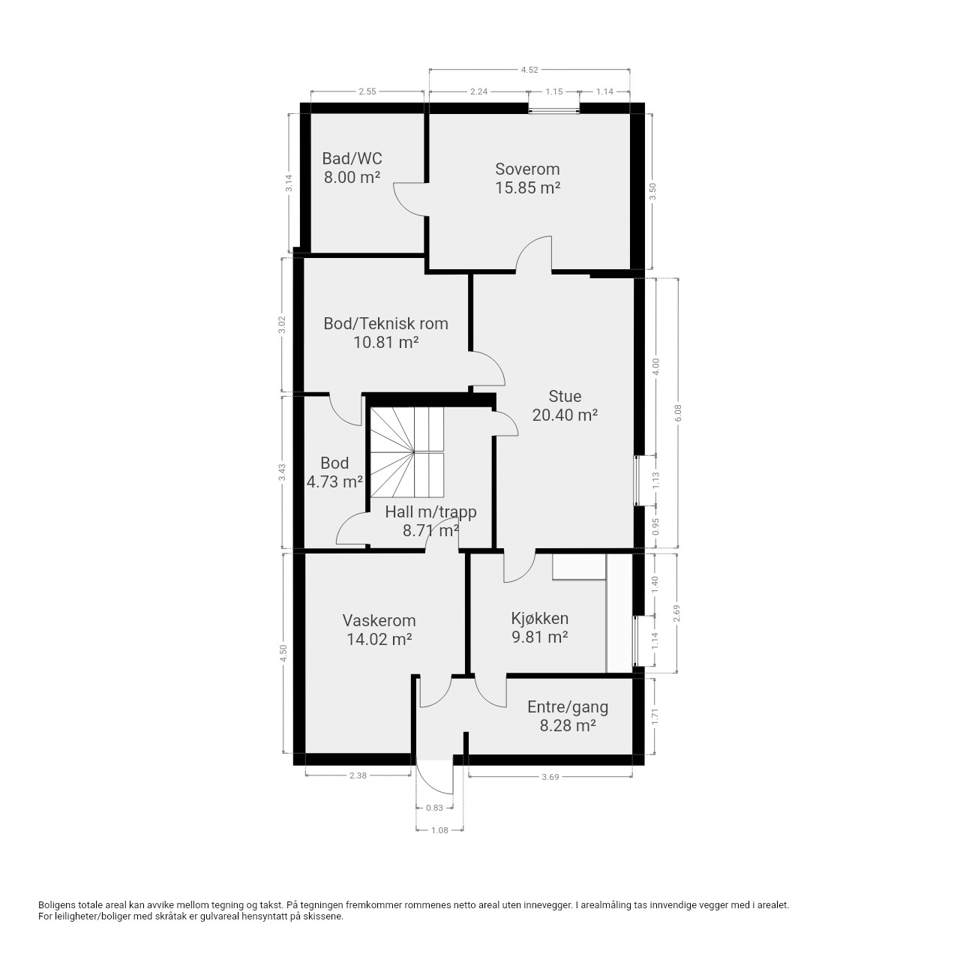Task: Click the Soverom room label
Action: coord(527,169)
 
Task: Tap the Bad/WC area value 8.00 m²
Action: coord(352,177)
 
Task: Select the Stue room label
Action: coord(565,396)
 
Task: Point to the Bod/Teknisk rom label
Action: coord(385,323)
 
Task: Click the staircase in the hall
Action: coord(406,452)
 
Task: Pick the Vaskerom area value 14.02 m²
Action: coord(379,639)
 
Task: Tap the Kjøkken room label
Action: coord(539,618)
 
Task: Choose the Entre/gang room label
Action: coord(568,707)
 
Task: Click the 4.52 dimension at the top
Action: coord(529,70)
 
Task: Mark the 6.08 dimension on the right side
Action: coord(677,412)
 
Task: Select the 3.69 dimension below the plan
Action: coord(550,777)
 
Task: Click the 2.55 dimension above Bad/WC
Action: coord(367,91)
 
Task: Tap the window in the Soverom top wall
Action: coord(554,108)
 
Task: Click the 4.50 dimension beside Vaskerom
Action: coord(283,652)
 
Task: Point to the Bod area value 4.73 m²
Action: coord(334,481)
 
